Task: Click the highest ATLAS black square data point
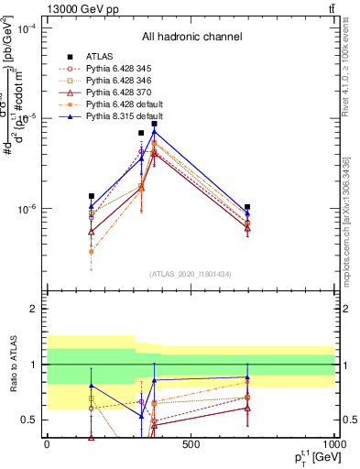click(155, 124)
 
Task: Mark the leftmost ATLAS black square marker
click(91, 196)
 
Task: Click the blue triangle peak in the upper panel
click(155, 132)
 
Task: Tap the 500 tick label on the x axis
click(191, 445)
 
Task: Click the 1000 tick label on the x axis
click(333, 445)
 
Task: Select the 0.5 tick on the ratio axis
click(33, 420)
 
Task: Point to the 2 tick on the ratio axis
click(37, 310)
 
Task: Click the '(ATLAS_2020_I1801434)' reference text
click(191, 274)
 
